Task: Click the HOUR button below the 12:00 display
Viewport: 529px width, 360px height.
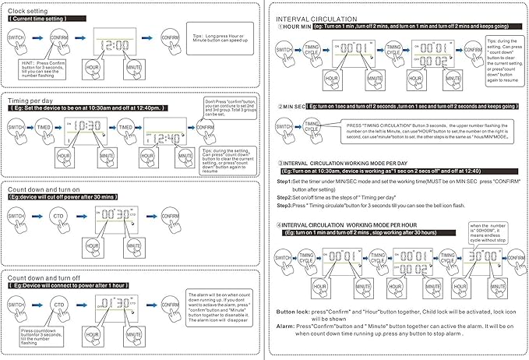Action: pos(95,69)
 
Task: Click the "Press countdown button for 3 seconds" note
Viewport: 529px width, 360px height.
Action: pos(44,335)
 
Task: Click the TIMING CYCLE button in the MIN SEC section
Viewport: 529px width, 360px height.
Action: pos(311,125)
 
